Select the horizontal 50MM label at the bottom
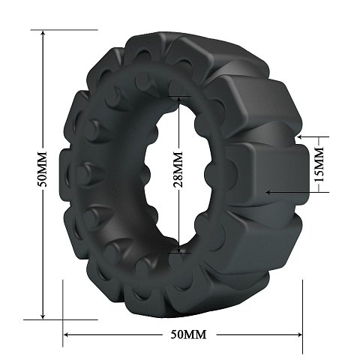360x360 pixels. coord(189,334)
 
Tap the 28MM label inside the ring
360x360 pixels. coord(178,169)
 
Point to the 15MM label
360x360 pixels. coord(319,164)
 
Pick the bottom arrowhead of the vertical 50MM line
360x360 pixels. coord(43,316)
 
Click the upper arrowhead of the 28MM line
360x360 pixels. coord(178,100)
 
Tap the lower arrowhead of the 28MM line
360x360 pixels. coord(178,249)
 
